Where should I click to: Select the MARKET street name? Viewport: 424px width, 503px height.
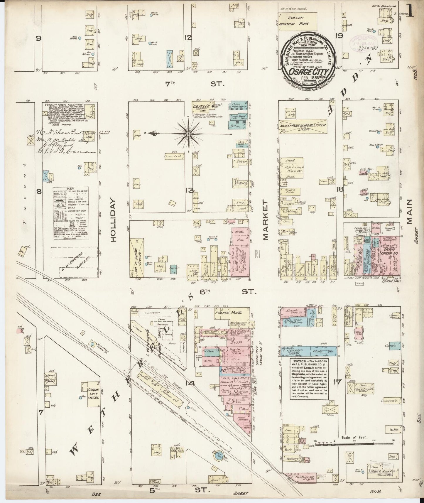(266, 220)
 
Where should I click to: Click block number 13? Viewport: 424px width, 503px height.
(189, 191)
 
